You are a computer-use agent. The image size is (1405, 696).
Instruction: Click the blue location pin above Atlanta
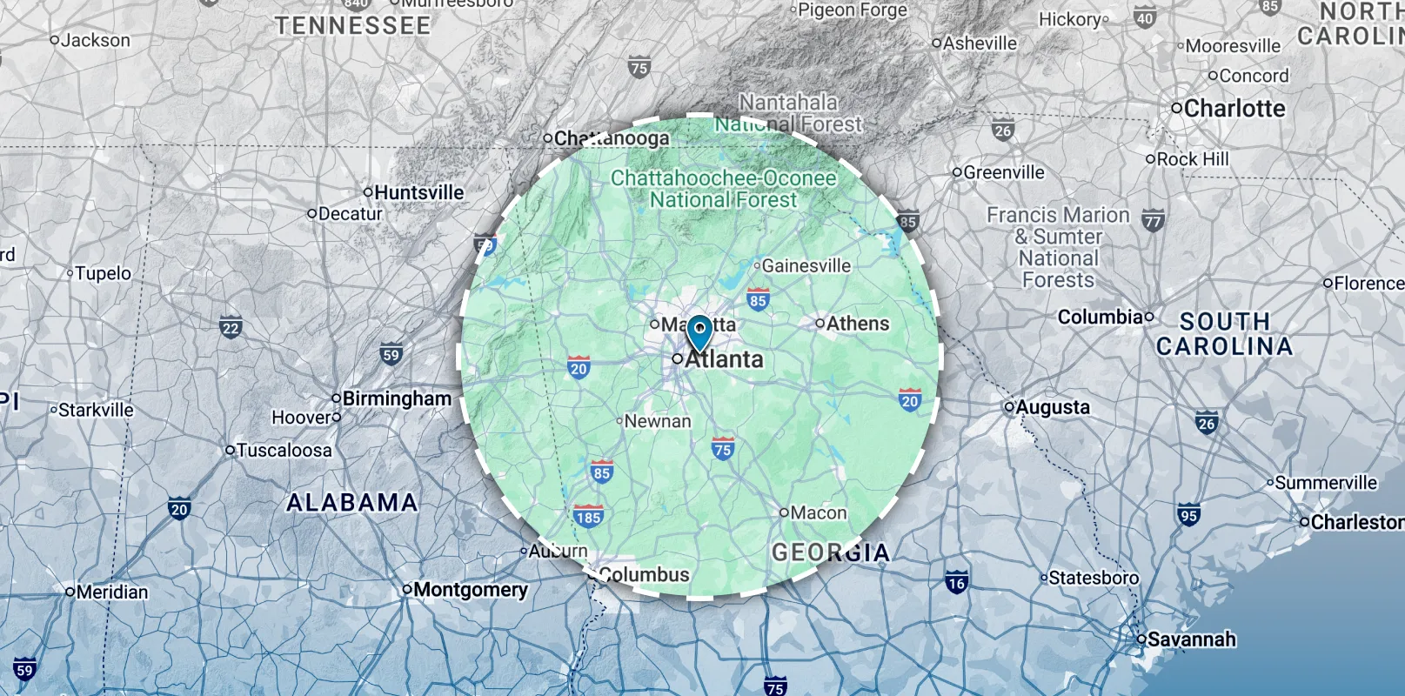699,331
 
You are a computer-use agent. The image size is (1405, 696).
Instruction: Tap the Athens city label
857,324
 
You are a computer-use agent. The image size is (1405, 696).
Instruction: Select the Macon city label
818,513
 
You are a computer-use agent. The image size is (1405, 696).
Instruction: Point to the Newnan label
657,421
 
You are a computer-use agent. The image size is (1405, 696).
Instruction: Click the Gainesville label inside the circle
806,265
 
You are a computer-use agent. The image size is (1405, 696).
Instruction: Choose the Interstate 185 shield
589,517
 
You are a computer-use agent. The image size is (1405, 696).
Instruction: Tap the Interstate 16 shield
956,583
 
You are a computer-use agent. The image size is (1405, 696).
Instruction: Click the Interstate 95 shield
1188,514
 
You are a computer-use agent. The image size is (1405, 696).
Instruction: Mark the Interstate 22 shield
231,328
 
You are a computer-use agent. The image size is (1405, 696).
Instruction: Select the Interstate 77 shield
1153,221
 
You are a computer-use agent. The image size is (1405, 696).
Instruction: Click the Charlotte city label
1234,109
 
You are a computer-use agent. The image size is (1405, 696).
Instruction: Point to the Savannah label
1191,639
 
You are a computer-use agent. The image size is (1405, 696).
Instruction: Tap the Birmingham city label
397,398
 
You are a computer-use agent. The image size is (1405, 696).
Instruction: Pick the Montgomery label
470,590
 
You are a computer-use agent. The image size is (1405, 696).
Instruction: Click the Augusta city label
1052,407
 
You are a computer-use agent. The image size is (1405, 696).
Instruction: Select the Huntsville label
418,192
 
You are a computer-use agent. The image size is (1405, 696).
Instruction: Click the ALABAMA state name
352,503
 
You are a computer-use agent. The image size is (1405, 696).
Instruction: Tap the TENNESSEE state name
353,26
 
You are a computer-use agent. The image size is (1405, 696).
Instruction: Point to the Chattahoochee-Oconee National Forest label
724,189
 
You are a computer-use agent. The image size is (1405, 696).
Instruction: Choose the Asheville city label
980,43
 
